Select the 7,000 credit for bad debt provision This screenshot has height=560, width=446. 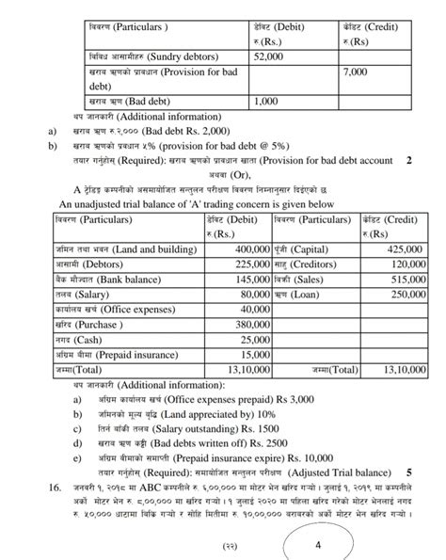pyautogui.click(x=356, y=72)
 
